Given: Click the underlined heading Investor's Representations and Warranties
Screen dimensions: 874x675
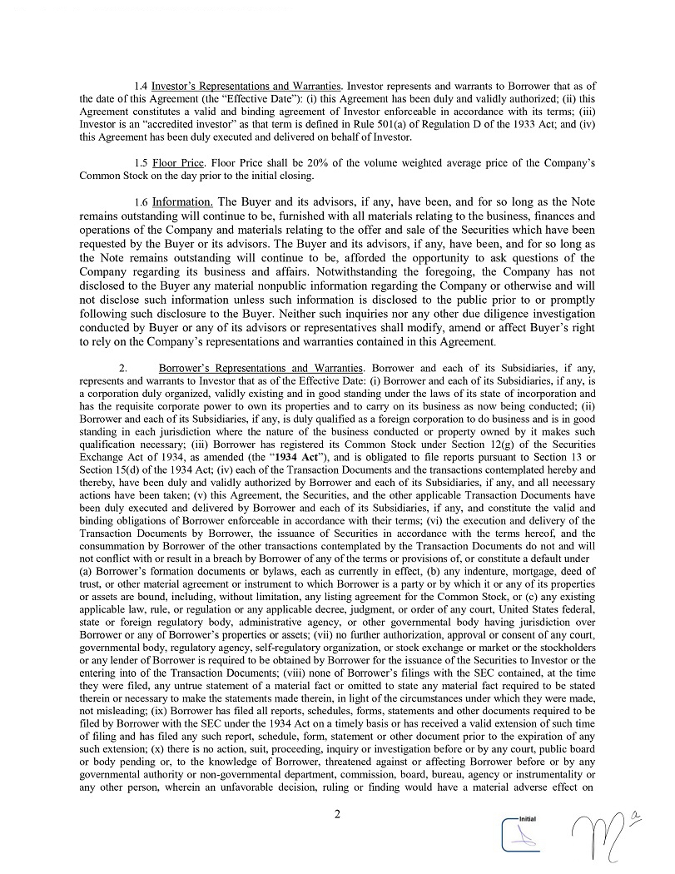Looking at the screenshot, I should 247,87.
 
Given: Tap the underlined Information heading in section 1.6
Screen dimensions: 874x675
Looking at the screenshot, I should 182,202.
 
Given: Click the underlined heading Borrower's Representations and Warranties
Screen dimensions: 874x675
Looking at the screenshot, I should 261,368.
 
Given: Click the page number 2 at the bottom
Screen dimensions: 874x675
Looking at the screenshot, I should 337,814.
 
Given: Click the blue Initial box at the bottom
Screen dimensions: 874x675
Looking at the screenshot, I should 523,833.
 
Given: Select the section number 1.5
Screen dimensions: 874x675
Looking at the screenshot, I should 141,161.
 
